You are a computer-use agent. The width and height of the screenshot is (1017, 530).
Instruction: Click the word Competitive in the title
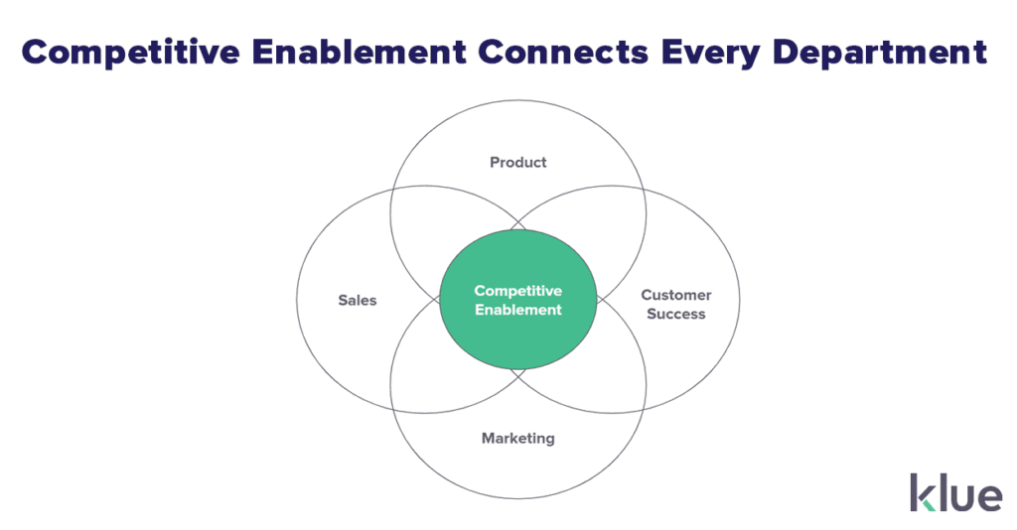[130, 53]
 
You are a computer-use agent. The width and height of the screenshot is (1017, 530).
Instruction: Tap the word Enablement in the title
[359, 52]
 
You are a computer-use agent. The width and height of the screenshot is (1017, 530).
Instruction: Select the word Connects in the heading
[563, 53]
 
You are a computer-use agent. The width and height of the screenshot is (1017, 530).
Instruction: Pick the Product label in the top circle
[518, 162]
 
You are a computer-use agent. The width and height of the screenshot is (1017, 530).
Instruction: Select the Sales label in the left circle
[358, 300]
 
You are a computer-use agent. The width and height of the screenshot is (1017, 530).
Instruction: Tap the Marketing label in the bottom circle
[518, 439]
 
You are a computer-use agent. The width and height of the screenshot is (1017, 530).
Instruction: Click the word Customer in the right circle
[675, 295]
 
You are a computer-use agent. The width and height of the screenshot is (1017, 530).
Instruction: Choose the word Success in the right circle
[675, 314]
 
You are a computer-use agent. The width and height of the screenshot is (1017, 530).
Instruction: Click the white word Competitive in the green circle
[518, 291]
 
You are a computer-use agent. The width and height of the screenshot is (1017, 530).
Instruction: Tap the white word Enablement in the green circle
[518, 310]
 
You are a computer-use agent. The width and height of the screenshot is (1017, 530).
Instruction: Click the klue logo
[956, 492]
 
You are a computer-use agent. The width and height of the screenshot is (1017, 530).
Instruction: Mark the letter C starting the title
[37, 53]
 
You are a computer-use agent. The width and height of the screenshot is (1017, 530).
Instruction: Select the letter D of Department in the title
[787, 53]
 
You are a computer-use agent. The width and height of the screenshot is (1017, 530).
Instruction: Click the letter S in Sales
[343, 300]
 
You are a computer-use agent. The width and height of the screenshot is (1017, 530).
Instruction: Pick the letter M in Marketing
[489, 438]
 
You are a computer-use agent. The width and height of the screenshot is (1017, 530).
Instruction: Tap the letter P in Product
[495, 162]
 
